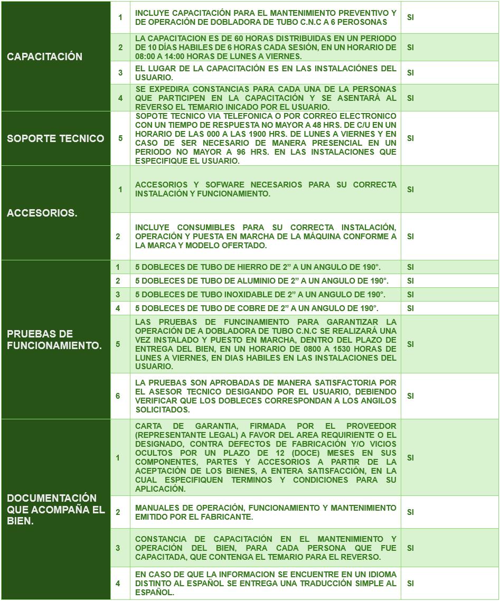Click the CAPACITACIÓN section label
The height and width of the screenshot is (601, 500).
pyautogui.click(x=44, y=57)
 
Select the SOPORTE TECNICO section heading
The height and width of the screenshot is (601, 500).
pyautogui.click(x=55, y=138)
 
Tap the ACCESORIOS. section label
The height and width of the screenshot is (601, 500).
pyautogui.click(x=42, y=213)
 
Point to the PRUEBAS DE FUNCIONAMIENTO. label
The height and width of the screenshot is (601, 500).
pyautogui.click(x=54, y=339)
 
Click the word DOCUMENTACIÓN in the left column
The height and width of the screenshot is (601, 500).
pyautogui.click(x=52, y=498)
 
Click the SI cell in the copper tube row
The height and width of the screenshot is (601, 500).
pyautogui.click(x=411, y=308)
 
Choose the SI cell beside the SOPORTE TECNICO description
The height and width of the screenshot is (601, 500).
pyautogui.click(x=411, y=138)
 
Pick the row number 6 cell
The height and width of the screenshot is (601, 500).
pyautogui.click(x=118, y=396)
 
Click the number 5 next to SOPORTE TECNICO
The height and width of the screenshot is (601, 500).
pyautogui.click(x=120, y=138)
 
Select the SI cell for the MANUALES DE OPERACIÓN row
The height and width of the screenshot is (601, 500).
pyautogui.click(x=411, y=512)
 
